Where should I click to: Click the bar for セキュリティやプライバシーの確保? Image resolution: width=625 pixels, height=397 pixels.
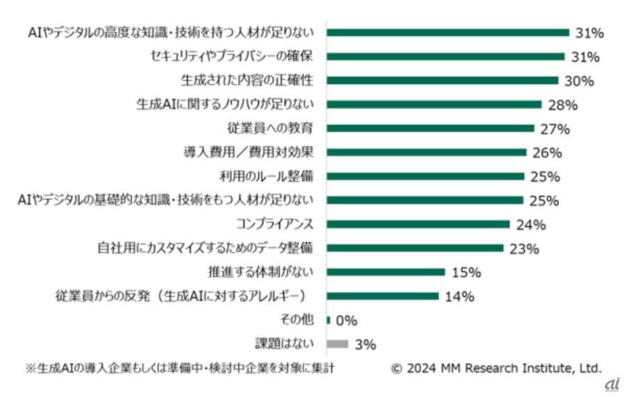445,56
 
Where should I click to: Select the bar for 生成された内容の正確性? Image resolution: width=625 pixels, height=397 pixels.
443,80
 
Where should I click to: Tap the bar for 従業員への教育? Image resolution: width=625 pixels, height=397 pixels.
430,128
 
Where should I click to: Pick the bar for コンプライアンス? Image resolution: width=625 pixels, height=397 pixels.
418,224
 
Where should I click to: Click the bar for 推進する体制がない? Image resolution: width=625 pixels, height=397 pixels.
386,272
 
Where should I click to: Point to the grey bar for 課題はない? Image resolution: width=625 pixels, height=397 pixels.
337,343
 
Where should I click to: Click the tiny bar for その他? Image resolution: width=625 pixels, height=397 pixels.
329,320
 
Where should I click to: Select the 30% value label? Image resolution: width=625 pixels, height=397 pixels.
580,81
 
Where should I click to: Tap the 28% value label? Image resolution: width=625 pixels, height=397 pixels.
562,105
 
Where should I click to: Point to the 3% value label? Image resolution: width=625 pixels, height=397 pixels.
365,344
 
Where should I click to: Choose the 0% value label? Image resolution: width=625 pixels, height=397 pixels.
346,321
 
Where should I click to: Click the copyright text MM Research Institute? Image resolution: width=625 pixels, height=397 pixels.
496,368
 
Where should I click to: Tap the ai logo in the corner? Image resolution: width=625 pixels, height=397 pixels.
612,384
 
